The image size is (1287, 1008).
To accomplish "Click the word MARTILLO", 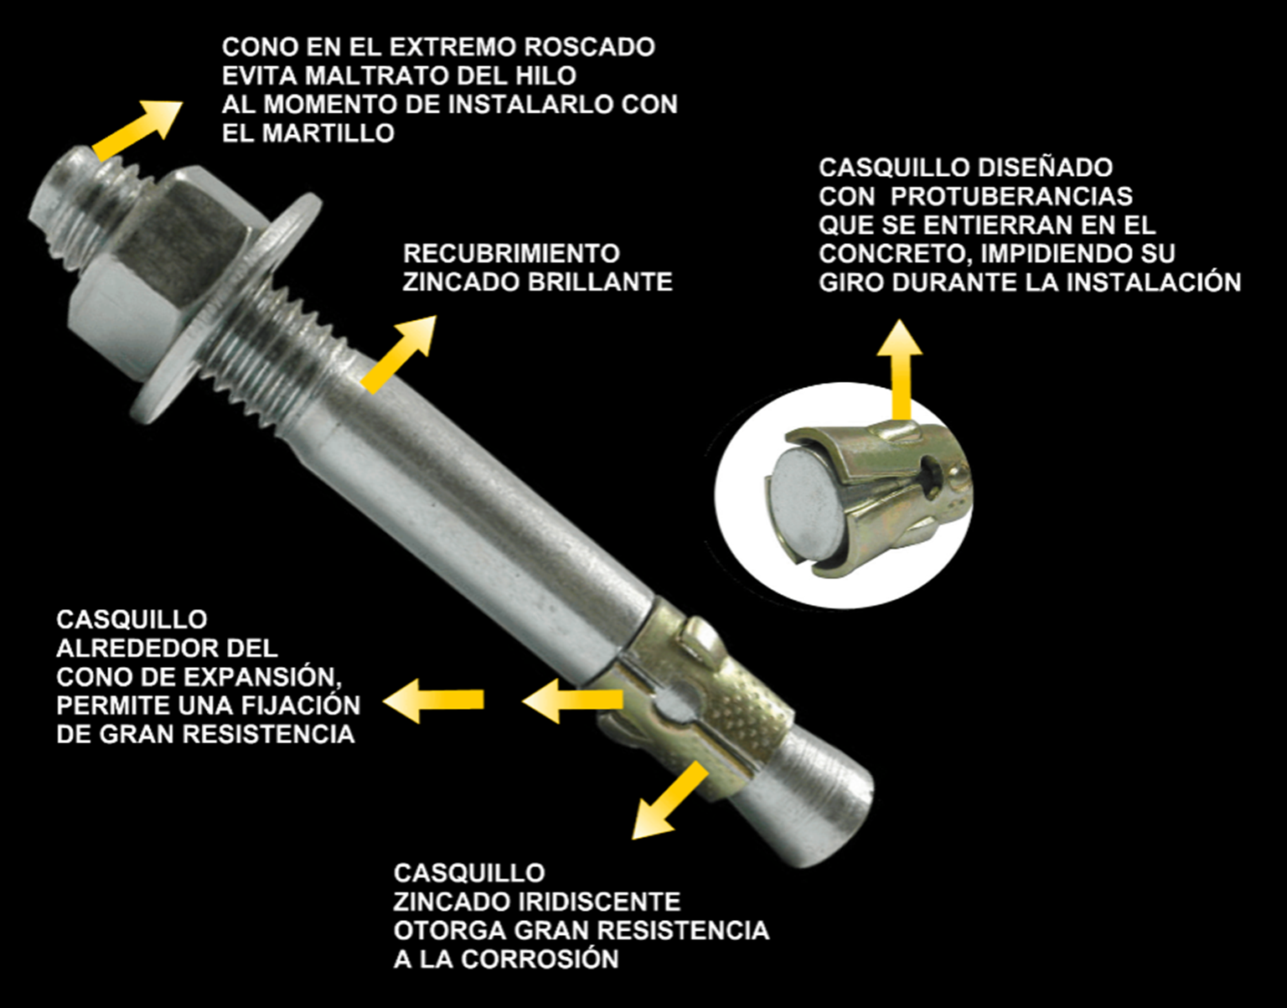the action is pos(328,133).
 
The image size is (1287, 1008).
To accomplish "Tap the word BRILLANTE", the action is pos(600,282).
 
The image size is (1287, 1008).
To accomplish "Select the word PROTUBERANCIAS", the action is pos(1012,196).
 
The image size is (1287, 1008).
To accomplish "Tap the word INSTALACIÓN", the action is pos(1155,282).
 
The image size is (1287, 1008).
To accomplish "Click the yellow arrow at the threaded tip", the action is pos(137,131).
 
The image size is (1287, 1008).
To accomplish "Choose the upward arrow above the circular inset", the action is pos(900,370).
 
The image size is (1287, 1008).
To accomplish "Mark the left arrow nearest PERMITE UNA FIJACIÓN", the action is pos(433,700).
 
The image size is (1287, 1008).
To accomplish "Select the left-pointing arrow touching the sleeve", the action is pos(573,700).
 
